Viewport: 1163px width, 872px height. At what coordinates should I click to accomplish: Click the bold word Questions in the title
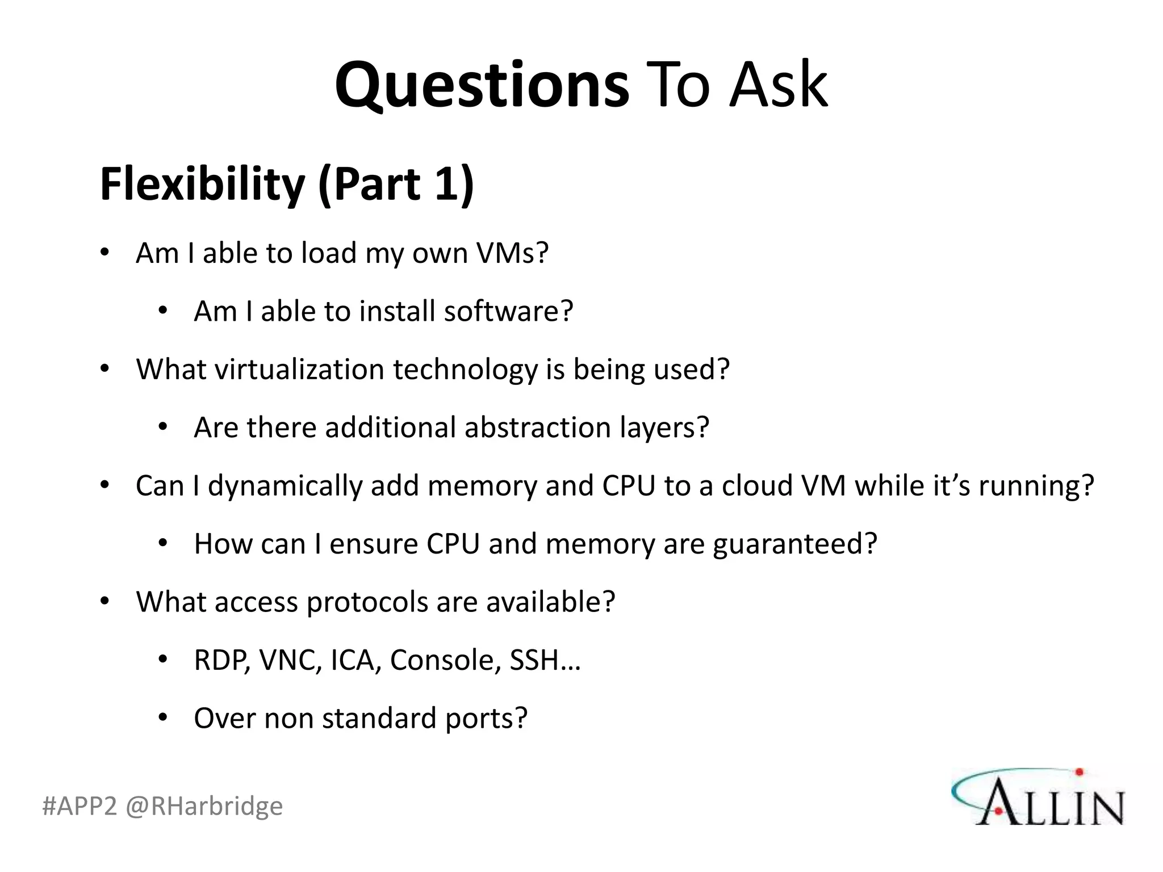pos(482,85)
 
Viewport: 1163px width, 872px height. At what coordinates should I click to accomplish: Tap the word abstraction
pos(537,427)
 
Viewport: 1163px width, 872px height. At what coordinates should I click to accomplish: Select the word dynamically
pos(285,486)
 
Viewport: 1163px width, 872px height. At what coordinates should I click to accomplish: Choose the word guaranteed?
pos(794,544)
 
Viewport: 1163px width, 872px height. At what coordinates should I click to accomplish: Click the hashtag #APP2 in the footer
pos(80,806)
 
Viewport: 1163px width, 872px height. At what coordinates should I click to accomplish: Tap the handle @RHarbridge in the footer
pos(204,806)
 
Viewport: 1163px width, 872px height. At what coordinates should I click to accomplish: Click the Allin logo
pos(1038,796)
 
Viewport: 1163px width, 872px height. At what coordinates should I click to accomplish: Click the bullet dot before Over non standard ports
pos(163,718)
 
